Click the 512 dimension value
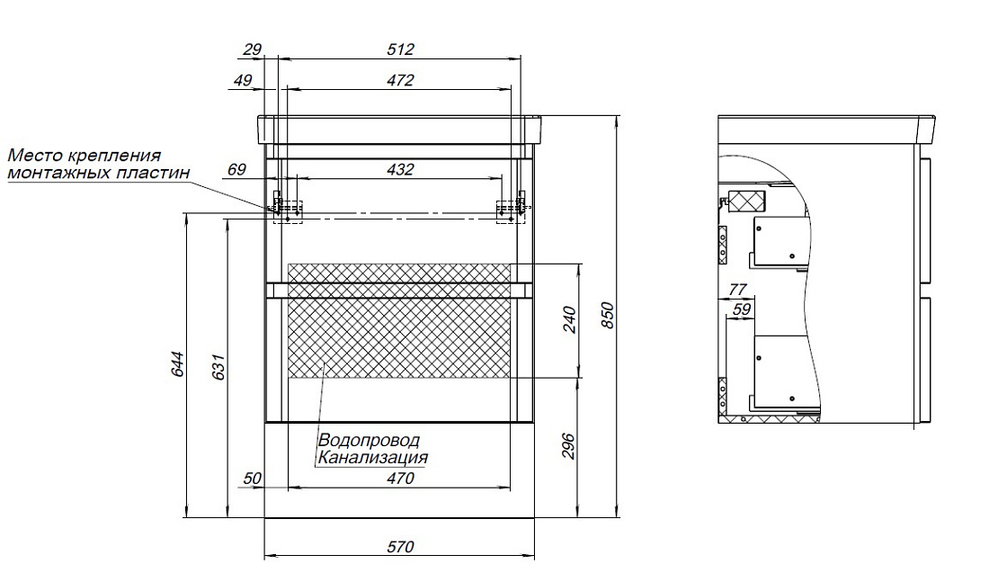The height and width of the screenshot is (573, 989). (400, 49)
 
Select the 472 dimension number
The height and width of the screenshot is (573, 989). (400, 80)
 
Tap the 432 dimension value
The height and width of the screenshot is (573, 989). (400, 169)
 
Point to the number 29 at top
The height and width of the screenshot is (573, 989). (253, 49)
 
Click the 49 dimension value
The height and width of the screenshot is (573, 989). (243, 80)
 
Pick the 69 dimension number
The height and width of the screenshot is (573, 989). (236, 169)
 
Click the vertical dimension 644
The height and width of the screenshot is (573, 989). (179, 364)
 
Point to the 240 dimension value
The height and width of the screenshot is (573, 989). (569, 320)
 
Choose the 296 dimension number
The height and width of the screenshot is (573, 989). (569, 446)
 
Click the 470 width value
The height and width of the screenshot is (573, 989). (400, 479)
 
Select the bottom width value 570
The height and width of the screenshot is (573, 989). (400, 547)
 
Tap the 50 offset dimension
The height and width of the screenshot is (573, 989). (253, 479)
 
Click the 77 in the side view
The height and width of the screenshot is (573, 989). (738, 289)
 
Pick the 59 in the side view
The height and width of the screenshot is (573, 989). (743, 309)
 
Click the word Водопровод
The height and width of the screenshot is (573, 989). (369, 440)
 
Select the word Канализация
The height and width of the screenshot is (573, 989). (373, 457)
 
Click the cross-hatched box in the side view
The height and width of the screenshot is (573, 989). (747, 201)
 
